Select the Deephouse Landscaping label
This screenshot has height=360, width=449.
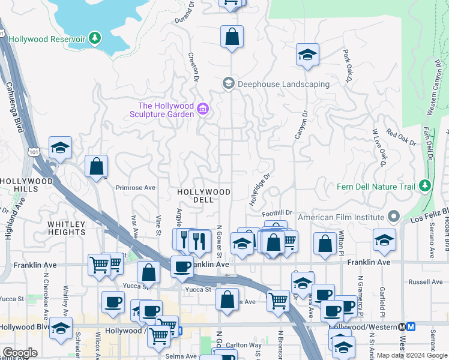(x=283, y=84)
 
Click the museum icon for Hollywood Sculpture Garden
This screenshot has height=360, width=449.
(x=203, y=109)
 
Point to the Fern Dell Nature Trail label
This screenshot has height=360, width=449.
(x=376, y=187)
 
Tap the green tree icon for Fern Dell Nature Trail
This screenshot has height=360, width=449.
(x=426, y=185)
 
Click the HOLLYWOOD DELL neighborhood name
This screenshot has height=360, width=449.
(x=204, y=196)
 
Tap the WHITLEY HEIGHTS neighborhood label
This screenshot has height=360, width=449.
(x=67, y=228)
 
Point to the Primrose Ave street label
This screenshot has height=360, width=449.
(x=135, y=188)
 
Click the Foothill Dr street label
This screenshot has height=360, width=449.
(x=277, y=212)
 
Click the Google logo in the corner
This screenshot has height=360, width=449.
(x=20, y=353)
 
